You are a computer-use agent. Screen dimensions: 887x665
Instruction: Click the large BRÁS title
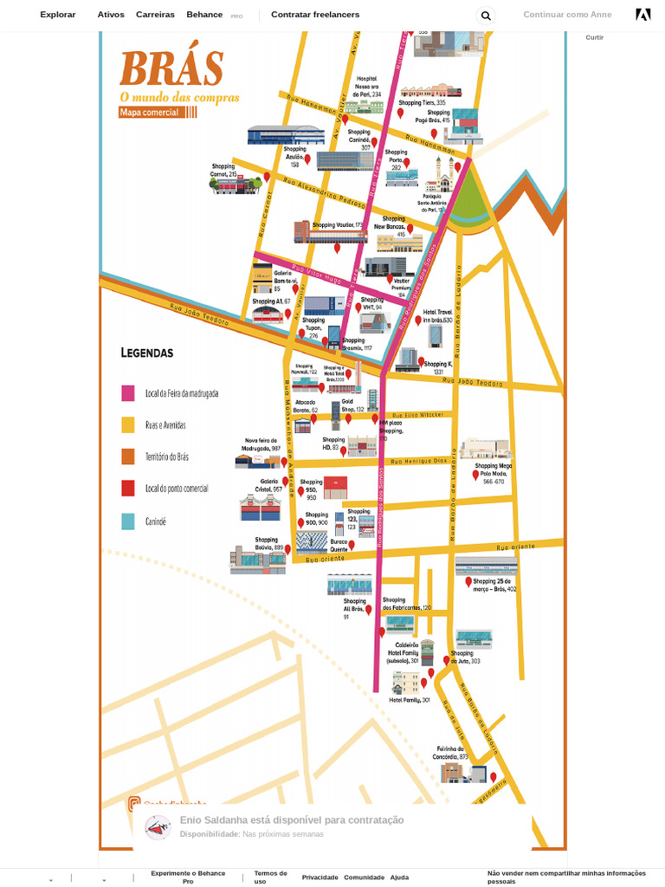click(x=171, y=68)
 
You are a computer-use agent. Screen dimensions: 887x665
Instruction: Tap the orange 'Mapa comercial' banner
click(x=150, y=112)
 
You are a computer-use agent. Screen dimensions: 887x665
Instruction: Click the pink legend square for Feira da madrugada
click(x=128, y=393)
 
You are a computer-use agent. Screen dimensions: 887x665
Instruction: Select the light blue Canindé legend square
click(x=128, y=521)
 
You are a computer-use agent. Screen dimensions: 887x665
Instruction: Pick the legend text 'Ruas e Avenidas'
click(x=165, y=425)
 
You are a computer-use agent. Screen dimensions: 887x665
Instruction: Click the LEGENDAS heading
click(x=147, y=353)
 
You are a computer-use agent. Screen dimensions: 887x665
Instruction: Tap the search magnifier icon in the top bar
click(x=486, y=16)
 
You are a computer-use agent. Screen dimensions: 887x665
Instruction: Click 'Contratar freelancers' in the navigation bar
click(x=315, y=15)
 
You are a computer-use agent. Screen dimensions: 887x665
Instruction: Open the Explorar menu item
click(x=58, y=15)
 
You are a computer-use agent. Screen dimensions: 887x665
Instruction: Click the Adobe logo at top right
click(x=642, y=15)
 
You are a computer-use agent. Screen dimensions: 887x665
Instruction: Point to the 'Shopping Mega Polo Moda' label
click(x=493, y=473)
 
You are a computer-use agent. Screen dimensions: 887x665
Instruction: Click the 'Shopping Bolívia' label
click(x=268, y=543)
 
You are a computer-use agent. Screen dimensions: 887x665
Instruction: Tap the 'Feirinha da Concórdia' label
click(x=450, y=753)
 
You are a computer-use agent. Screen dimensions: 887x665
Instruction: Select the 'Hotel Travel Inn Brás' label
click(x=437, y=316)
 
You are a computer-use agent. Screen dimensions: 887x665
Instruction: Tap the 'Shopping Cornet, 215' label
click(x=223, y=170)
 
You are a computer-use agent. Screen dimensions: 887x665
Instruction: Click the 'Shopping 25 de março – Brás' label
click(x=494, y=585)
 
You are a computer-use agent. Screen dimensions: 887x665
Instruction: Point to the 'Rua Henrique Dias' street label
click(x=418, y=461)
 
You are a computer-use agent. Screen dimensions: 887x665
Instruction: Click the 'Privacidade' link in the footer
click(x=320, y=877)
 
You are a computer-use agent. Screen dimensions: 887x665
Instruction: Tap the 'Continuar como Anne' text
click(x=567, y=15)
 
